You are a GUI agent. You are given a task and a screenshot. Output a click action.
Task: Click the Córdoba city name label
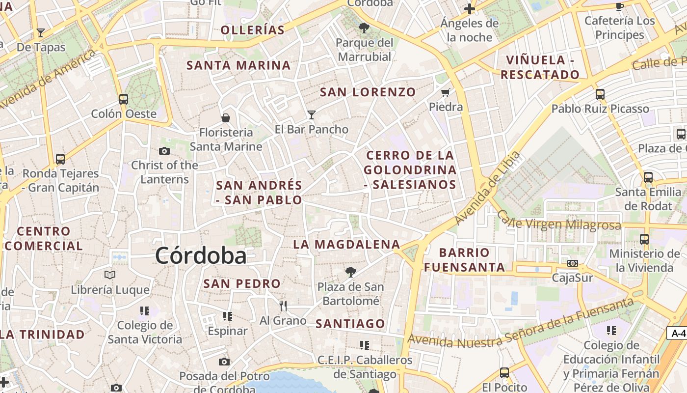click(x=201, y=255)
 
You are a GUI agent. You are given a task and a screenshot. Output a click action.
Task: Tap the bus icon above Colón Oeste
click(x=124, y=99)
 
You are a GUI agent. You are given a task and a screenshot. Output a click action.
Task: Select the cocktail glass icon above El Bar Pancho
click(x=311, y=115)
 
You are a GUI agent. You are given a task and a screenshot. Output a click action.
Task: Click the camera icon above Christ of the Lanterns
click(x=164, y=151)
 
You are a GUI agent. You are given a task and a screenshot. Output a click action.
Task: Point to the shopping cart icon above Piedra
click(x=446, y=92)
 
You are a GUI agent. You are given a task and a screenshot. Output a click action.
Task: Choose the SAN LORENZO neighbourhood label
click(x=368, y=92)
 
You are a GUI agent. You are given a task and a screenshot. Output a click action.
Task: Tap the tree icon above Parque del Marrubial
click(x=364, y=28)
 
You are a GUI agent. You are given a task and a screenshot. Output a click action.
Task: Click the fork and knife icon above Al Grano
click(x=283, y=306)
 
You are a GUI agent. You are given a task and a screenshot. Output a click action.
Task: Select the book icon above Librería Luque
click(x=110, y=275)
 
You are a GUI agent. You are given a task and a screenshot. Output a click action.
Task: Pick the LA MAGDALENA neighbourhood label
click(x=346, y=244)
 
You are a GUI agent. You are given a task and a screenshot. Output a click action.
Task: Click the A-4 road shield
click(x=678, y=333)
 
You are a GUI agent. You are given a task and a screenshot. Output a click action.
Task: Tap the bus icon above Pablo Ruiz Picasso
click(x=600, y=94)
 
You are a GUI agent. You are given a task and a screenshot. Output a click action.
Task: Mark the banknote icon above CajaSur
click(x=572, y=263)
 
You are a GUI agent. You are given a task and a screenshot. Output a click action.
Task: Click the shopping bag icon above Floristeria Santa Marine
click(x=226, y=117)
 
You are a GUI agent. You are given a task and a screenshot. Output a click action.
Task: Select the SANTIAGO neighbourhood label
click(x=350, y=323)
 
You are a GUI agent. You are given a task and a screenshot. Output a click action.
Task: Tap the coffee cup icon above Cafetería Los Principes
click(x=620, y=6)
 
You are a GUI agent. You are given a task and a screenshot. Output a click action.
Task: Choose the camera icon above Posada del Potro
click(x=224, y=362)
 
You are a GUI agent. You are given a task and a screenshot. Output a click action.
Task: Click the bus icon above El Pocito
click(x=504, y=372)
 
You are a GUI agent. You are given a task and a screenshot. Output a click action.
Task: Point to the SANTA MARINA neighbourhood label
click(x=238, y=65)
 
